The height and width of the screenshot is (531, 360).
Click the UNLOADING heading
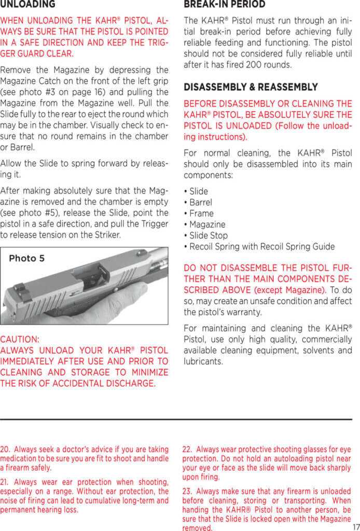coord(27,5)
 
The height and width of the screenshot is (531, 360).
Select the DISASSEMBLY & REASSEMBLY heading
coord(251,87)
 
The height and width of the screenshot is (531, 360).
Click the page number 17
coord(355,525)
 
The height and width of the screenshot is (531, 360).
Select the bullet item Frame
coord(201,213)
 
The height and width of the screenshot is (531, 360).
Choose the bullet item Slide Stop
coord(209,235)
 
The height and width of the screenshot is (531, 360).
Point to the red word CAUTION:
coord(20,339)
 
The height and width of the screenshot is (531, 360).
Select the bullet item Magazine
coord(207,225)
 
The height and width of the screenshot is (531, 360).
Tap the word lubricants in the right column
coord(203,361)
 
